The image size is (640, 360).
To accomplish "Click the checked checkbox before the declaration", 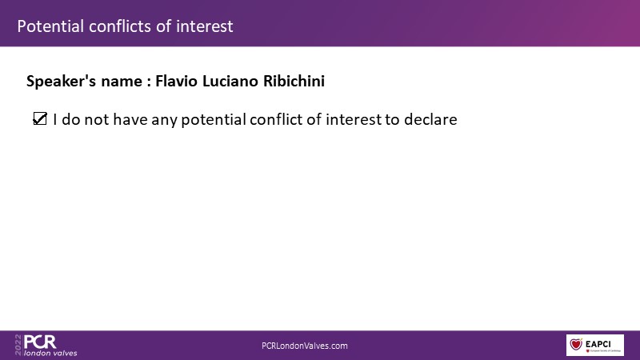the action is (x=40, y=118).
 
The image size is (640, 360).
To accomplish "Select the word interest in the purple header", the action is (x=205, y=26).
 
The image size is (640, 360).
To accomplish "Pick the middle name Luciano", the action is (x=230, y=81).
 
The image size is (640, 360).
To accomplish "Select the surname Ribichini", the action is (x=294, y=81).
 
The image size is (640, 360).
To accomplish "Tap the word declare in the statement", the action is (x=430, y=119).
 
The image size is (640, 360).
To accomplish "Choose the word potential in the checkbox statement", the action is (x=214, y=120).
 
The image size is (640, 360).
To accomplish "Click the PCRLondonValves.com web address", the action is (x=305, y=346).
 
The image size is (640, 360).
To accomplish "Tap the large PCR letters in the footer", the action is (x=40, y=342).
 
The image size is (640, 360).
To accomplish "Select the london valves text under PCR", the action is (x=50, y=353).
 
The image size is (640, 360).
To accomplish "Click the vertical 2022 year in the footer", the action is (x=18, y=345).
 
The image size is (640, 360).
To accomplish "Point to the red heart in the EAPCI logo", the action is (x=576, y=344).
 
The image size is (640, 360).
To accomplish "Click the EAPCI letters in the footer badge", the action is (x=598, y=344).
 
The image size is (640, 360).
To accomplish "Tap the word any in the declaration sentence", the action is (x=164, y=121).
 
